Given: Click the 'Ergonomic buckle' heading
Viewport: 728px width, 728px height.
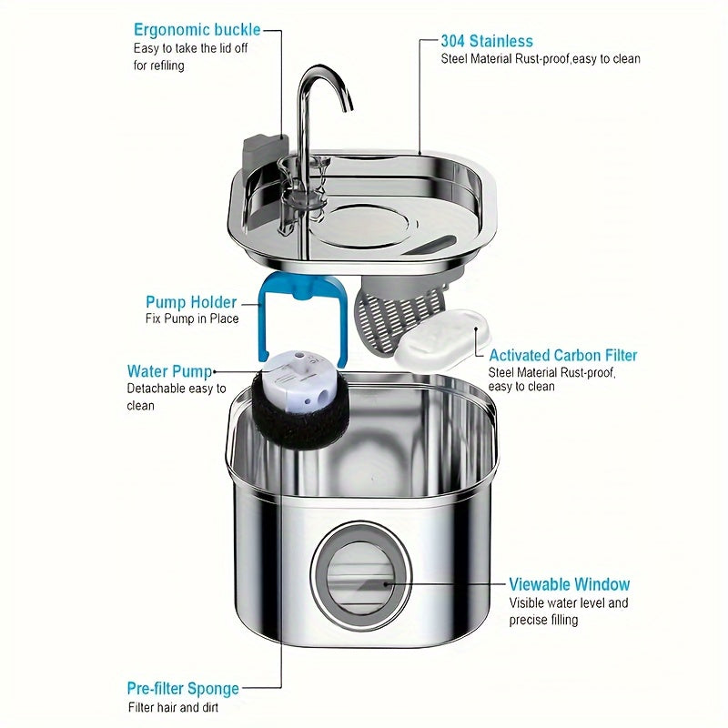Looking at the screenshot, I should click(x=197, y=30).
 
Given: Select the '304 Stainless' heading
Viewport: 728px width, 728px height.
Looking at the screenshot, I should click(x=487, y=41).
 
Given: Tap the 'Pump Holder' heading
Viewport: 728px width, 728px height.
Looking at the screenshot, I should click(x=191, y=302).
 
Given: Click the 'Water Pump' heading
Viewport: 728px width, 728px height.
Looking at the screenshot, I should click(x=169, y=371).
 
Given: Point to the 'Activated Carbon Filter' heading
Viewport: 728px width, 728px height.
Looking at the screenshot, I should click(x=563, y=355).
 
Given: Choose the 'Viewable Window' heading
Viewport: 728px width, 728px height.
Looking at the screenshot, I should click(x=569, y=584).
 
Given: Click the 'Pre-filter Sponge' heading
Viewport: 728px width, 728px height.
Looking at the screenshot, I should click(x=183, y=689).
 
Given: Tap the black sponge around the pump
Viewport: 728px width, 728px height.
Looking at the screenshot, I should click(x=293, y=428).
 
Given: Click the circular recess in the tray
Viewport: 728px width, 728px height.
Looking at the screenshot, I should click(x=359, y=223).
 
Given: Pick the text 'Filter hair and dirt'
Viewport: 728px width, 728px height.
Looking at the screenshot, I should click(x=173, y=708).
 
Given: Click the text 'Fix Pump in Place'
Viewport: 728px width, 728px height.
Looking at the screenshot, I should click(x=192, y=319).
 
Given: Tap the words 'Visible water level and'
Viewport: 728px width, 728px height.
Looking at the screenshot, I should click(x=568, y=603).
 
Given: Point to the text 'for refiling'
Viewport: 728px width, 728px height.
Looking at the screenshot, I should click(x=158, y=66).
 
